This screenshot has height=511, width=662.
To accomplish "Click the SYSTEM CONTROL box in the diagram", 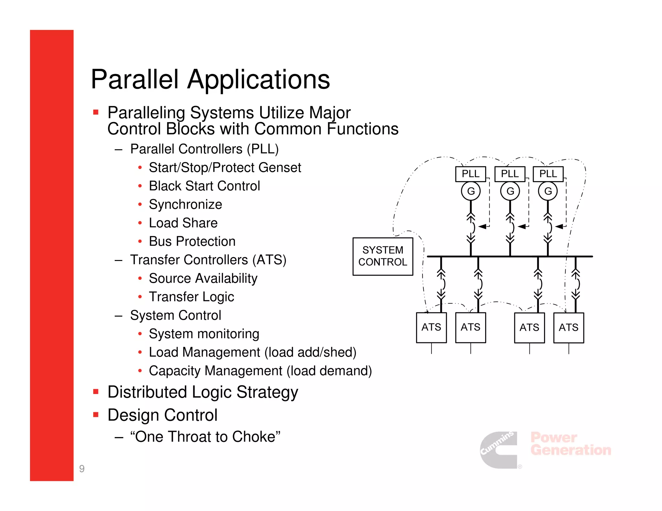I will (383, 256).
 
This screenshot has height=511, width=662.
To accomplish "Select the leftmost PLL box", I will (470, 174).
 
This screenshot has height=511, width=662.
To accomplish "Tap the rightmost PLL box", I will (548, 174).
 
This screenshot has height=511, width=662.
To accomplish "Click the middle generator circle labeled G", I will (510, 191).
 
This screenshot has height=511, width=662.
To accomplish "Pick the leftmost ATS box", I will (431, 328).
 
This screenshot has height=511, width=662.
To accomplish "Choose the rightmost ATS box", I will (568, 328).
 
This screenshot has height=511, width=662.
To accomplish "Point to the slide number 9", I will (82, 468).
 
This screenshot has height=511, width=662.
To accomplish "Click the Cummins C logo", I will (499, 450).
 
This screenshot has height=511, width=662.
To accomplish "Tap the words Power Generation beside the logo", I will (571, 444).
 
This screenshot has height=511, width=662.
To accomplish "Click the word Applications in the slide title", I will (259, 79).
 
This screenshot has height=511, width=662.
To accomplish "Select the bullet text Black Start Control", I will (204, 186).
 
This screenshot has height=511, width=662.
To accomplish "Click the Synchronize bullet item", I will (185, 204).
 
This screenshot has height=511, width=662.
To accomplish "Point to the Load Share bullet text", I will (183, 223).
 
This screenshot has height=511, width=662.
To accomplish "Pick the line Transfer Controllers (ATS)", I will (208, 260).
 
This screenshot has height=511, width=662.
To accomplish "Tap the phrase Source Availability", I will (203, 278).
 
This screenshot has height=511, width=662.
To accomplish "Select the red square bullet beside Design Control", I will (96, 415).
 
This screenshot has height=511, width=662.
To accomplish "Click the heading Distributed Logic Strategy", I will (203, 392).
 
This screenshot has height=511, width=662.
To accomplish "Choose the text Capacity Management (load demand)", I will (260, 371).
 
